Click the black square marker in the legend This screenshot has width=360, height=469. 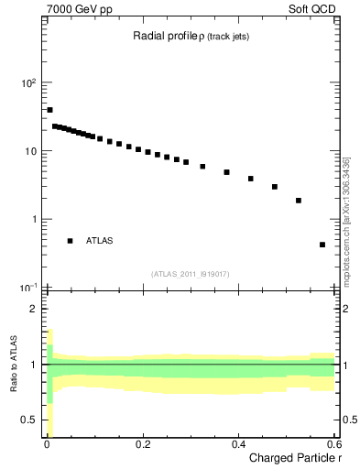(x=70, y=241)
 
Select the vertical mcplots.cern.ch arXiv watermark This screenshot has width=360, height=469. (x=346, y=220)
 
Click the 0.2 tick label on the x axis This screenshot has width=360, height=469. (x=142, y=444)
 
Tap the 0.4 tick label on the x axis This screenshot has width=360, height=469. (x=238, y=444)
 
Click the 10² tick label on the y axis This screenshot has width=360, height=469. (x=29, y=82)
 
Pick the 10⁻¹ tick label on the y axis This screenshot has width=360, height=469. (x=28, y=287)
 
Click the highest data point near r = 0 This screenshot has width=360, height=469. (x=49, y=110)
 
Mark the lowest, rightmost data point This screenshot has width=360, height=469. (x=322, y=245)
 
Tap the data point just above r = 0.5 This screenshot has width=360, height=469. (x=299, y=200)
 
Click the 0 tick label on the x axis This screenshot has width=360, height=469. (x=46, y=444)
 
